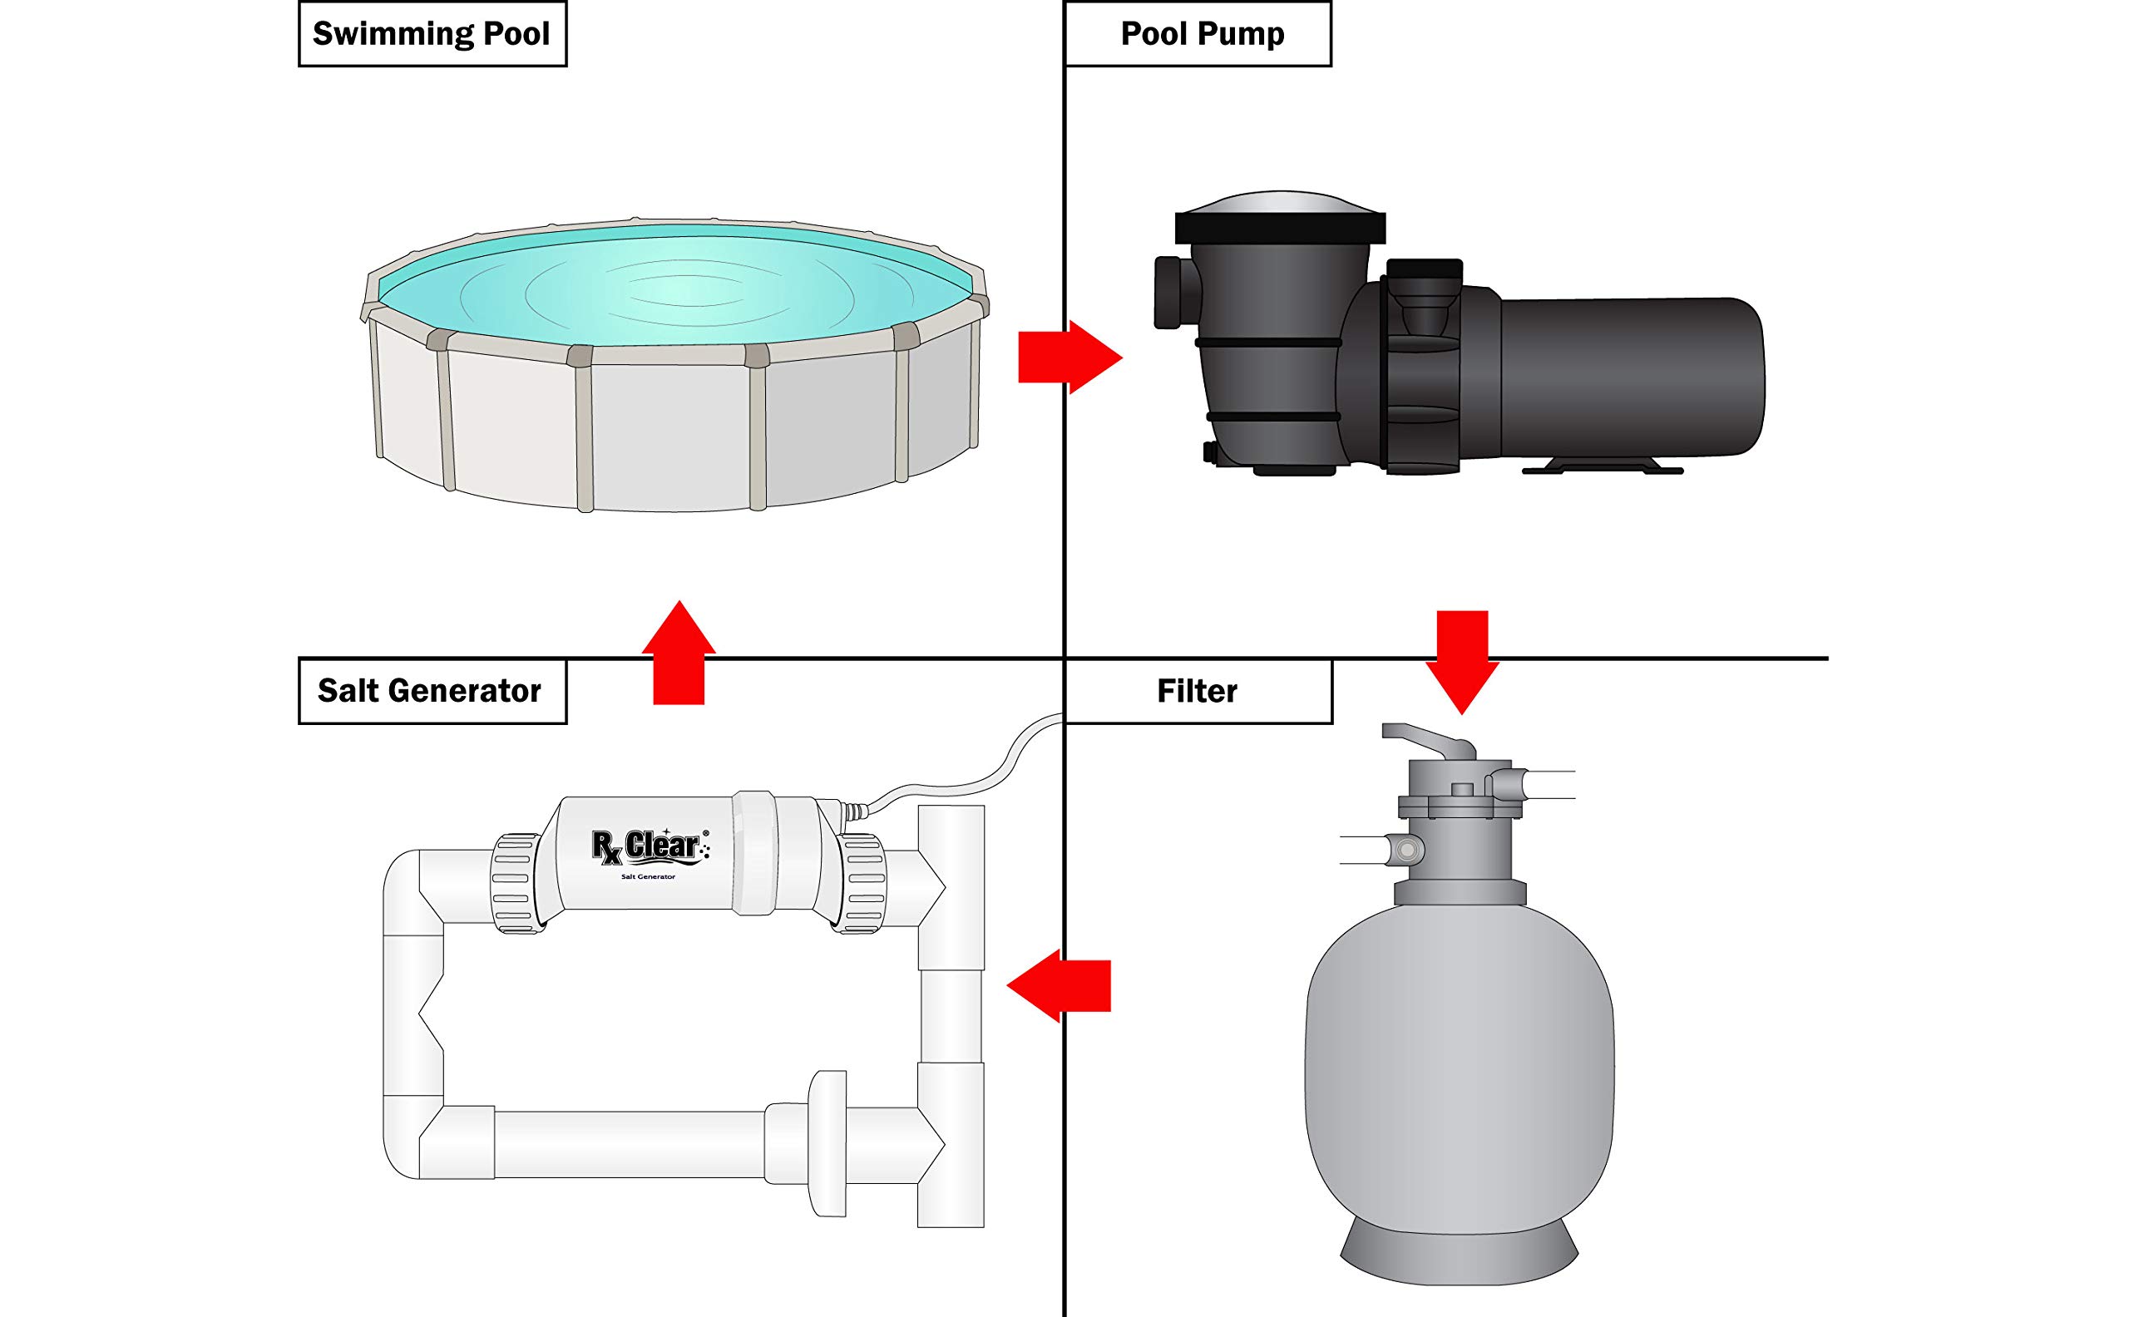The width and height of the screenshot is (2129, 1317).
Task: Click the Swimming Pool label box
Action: click(x=432, y=35)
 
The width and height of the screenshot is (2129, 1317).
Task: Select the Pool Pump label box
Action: click(x=1198, y=35)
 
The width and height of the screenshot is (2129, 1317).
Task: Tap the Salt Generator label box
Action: click(x=432, y=692)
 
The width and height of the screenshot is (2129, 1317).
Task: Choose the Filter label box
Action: click(x=1198, y=692)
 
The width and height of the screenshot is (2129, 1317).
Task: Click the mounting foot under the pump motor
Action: click(x=1601, y=465)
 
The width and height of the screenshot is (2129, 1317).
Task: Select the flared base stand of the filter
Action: click(x=1460, y=1257)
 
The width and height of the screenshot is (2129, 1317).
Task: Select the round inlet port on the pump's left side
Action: click(x=1168, y=292)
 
